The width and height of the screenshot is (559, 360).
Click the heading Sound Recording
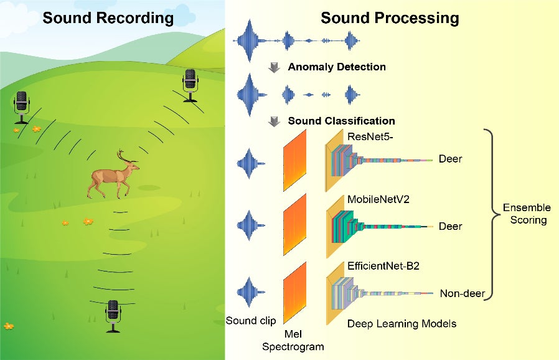[108, 18]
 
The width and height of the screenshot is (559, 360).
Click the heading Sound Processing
[390, 18]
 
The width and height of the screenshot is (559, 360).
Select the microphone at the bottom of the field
[113, 315]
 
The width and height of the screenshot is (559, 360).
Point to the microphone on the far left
[22, 107]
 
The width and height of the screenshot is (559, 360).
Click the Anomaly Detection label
[337, 67]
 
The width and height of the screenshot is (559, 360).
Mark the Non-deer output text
[462, 293]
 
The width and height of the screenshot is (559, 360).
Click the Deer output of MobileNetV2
[451, 226]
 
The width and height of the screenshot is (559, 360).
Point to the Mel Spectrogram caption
[293, 340]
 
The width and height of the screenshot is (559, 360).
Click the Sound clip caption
[250, 321]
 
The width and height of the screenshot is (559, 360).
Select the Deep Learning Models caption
[402, 323]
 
